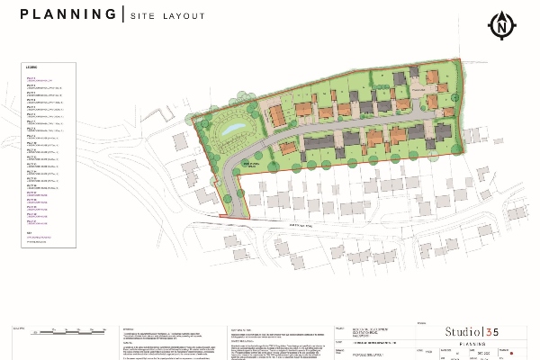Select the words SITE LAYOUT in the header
[x=167, y=16]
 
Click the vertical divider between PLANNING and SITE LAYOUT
[x=121, y=15]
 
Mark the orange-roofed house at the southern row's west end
[x=287, y=148]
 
